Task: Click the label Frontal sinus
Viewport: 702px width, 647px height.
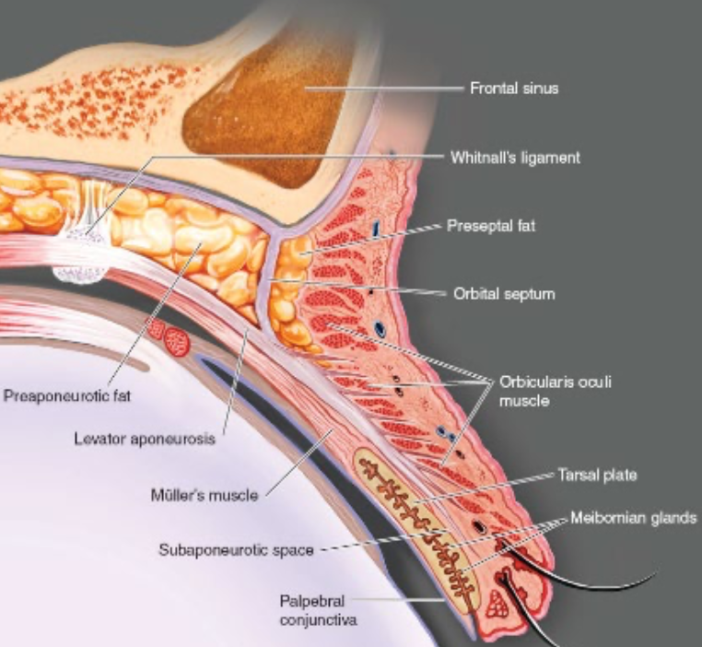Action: tap(514, 89)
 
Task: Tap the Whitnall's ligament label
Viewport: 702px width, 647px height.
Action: tap(515, 158)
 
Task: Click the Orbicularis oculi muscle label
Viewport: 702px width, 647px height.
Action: tap(543, 390)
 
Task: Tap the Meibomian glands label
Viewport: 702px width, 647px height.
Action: tap(633, 518)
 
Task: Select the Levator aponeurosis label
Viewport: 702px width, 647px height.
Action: tap(144, 439)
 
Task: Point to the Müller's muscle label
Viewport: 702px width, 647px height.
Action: tap(204, 496)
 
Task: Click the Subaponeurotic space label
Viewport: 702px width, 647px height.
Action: tap(234, 550)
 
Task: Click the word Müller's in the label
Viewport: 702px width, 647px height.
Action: tap(173, 496)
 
